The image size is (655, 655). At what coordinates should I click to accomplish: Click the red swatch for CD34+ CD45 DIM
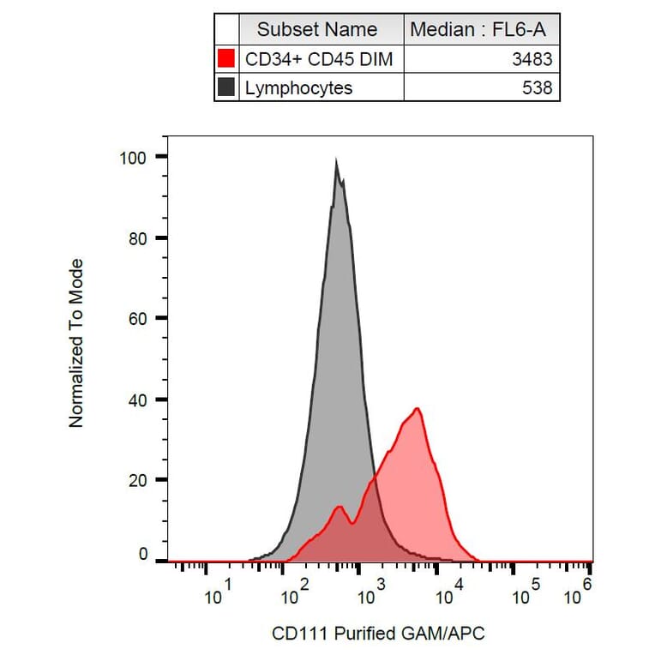coord(226,59)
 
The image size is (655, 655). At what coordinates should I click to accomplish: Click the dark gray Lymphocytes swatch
coord(226,87)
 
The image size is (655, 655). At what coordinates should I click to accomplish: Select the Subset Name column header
coord(317,30)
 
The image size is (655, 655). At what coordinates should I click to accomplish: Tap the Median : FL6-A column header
coord(483,30)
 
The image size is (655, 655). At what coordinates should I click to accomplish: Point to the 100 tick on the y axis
coord(135,157)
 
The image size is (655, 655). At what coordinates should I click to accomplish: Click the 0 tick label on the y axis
coord(143,555)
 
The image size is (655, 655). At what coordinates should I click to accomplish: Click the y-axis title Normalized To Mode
coord(77,343)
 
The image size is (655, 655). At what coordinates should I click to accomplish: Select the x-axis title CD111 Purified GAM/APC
coord(378,634)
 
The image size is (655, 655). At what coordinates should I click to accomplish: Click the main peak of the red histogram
coord(418,409)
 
